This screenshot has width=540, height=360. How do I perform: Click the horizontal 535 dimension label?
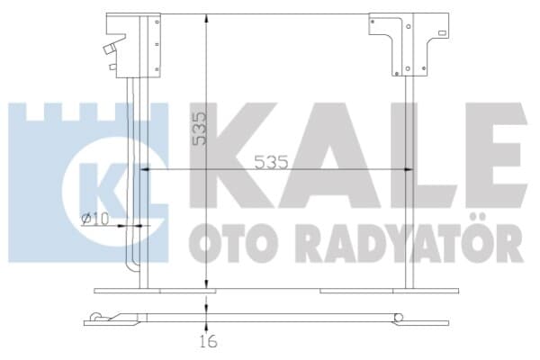click(x=271, y=162)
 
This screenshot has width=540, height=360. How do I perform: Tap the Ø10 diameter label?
click(x=95, y=219)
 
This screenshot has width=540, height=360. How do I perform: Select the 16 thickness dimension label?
click(x=209, y=341)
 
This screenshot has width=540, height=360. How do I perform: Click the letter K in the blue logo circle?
click(x=100, y=189)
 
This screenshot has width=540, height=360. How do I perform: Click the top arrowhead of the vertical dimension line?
click(x=206, y=18)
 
